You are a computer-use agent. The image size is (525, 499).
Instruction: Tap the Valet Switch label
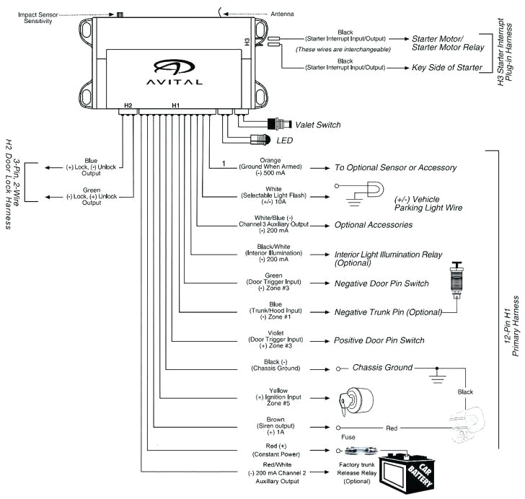pyautogui.click(x=318, y=125)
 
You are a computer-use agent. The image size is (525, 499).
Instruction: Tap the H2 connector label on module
pyautogui.click(x=128, y=105)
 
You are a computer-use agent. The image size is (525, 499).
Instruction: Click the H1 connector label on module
pyautogui.click(x=175, y=105)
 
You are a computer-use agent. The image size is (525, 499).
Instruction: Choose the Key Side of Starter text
pyautogui.click(x=446, y=69)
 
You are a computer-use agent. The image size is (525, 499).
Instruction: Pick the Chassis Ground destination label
pyautogui.click(x=382, y=368)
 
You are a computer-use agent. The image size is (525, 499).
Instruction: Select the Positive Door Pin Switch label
pyautogui.click(x=379, y=340)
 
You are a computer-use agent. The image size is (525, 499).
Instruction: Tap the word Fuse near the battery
pyautogui.click(x=348, y=437)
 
